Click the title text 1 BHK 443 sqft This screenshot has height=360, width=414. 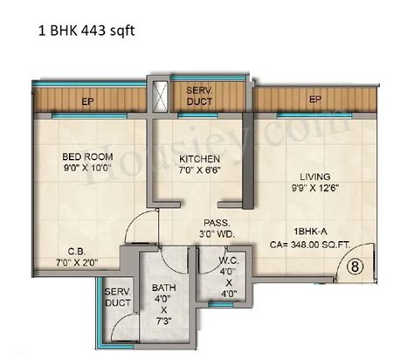[86, 31]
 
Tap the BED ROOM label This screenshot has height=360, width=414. [87, 156]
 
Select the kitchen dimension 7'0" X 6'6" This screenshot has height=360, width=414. [199, 170]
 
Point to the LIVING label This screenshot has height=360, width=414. [315, 177]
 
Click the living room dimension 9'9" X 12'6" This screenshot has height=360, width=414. [315, 188]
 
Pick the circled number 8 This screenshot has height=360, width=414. [355, 267]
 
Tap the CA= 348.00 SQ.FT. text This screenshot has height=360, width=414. [310, 244]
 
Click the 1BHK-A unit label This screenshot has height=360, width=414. [310, 232]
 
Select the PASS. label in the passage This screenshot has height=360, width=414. [217, 223]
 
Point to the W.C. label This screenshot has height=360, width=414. [229, 260]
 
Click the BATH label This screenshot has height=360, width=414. [164, 287]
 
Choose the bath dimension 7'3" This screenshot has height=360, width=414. [164, 322]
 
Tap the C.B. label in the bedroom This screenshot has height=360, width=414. [77, 251]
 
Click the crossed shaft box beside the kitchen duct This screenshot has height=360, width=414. [161, 96]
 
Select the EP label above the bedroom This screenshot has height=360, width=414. [87, 102]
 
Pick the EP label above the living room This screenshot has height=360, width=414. [315, 100]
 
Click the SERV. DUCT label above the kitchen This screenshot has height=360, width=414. [200, 96]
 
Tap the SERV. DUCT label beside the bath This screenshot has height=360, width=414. [118, 297]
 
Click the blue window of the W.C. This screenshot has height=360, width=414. [221, 304]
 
